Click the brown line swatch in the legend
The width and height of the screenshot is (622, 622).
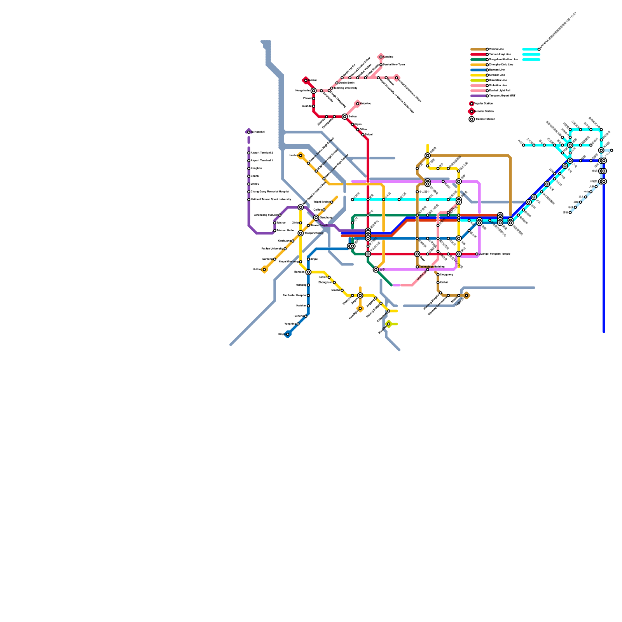[x=478, y=49]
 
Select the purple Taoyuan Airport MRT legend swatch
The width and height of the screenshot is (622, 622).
[x=478, y=96]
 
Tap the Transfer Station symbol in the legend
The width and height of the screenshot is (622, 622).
[x=472, y=119]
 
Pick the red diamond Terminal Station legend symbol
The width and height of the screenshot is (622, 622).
[x=472, y=112]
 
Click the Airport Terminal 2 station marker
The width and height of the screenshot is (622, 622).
[x=249, y=153]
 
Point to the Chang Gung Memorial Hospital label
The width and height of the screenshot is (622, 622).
[x=270, y=192]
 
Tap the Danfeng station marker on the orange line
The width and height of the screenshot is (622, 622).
[x=274, y=259]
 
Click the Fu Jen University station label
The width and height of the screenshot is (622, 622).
[x=272, y=249]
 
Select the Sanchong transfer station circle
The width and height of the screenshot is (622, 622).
[x=316, y=218]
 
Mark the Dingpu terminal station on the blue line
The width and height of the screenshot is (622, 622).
[x=288, y=334]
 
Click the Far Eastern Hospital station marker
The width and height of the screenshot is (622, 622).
[x=308, y=295]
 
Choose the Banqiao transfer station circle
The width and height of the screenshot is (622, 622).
[x=308, y=272]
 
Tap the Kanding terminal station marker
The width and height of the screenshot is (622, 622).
[x=381, y=57]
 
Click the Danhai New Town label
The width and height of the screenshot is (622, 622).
[x=394, y=65]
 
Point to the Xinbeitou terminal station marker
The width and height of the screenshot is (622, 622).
[x=358, y=103]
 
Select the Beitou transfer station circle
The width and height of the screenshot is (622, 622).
[x=345, y=117]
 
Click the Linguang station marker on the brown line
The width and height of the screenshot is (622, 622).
[x=438, y=275]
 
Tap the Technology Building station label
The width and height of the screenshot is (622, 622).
[x=432, y=267]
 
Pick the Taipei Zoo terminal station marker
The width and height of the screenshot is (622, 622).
[x=466, y=295]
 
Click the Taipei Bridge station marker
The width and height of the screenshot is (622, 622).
[x=332, y=202]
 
